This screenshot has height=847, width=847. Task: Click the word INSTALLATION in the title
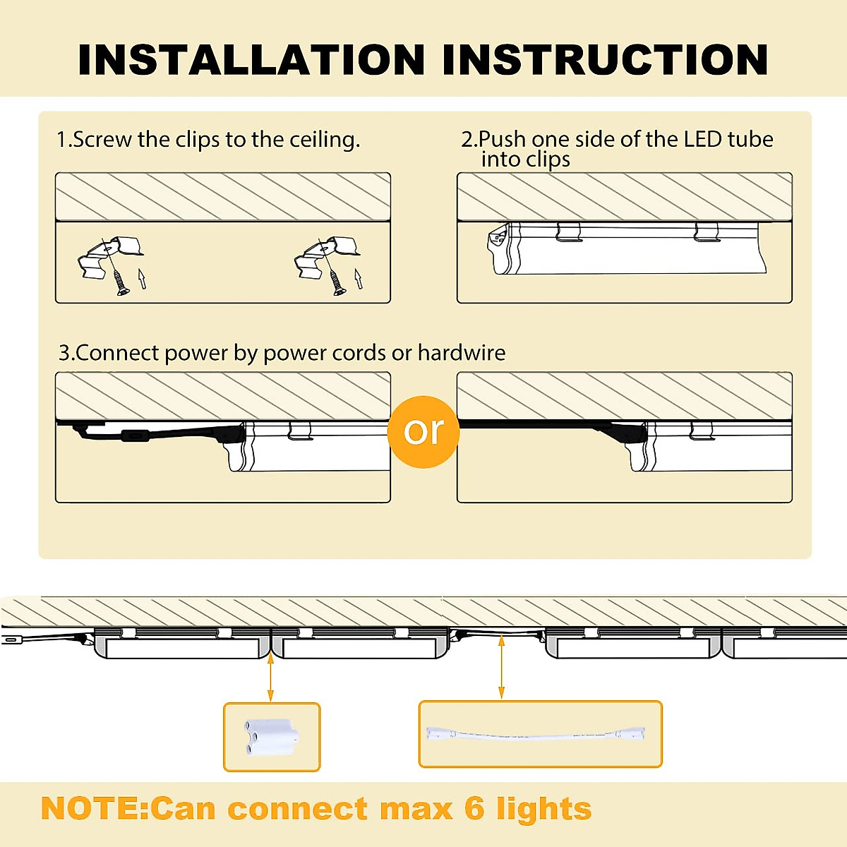251,59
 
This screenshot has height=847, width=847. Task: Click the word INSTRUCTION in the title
605,59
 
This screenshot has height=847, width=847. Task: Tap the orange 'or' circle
423,431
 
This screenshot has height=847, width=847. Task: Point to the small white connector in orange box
272,737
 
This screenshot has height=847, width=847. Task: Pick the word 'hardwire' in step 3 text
462,352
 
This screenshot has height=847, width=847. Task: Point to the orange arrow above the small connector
270,678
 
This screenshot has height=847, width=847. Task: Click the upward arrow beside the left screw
142,278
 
